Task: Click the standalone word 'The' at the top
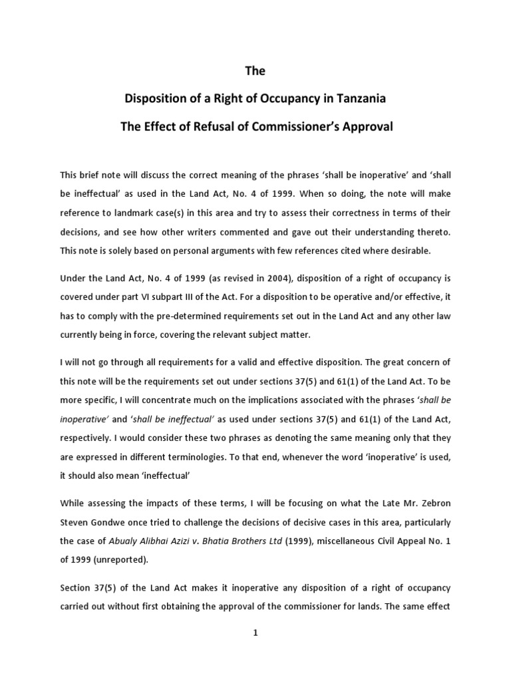coord(255,70)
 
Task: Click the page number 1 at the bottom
coord(255,632)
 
